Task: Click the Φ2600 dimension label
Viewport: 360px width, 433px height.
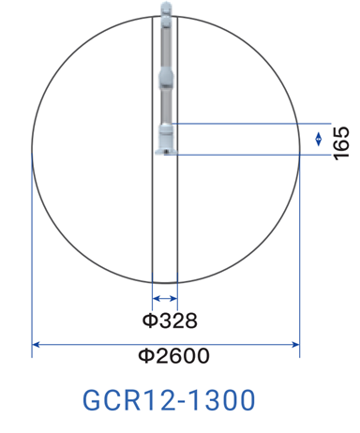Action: pyautogui.click(x=173, y=356)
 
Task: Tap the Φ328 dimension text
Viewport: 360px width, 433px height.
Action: pyautogui.click(x=170, y=321)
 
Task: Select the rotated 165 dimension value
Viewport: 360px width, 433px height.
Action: pyautogui.click(x=341, y=143)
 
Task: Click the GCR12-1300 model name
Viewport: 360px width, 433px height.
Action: pyautogui.click(x=169, y=400)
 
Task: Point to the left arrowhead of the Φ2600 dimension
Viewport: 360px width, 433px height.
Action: pyautogui.click(x=36, y=345)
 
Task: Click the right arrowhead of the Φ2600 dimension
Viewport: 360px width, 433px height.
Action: pyautogui.click(x=295, y=345)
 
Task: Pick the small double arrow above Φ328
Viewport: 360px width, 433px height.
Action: pyautogui.click(x=165, y=299)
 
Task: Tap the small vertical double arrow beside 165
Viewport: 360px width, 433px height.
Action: pyautogui.click(x=318, y=139)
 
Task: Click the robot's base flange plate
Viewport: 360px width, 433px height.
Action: pyautogui.click(x=166, y=152)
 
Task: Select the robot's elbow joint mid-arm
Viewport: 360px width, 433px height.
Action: pyautogui.click(x=165, y=78)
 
